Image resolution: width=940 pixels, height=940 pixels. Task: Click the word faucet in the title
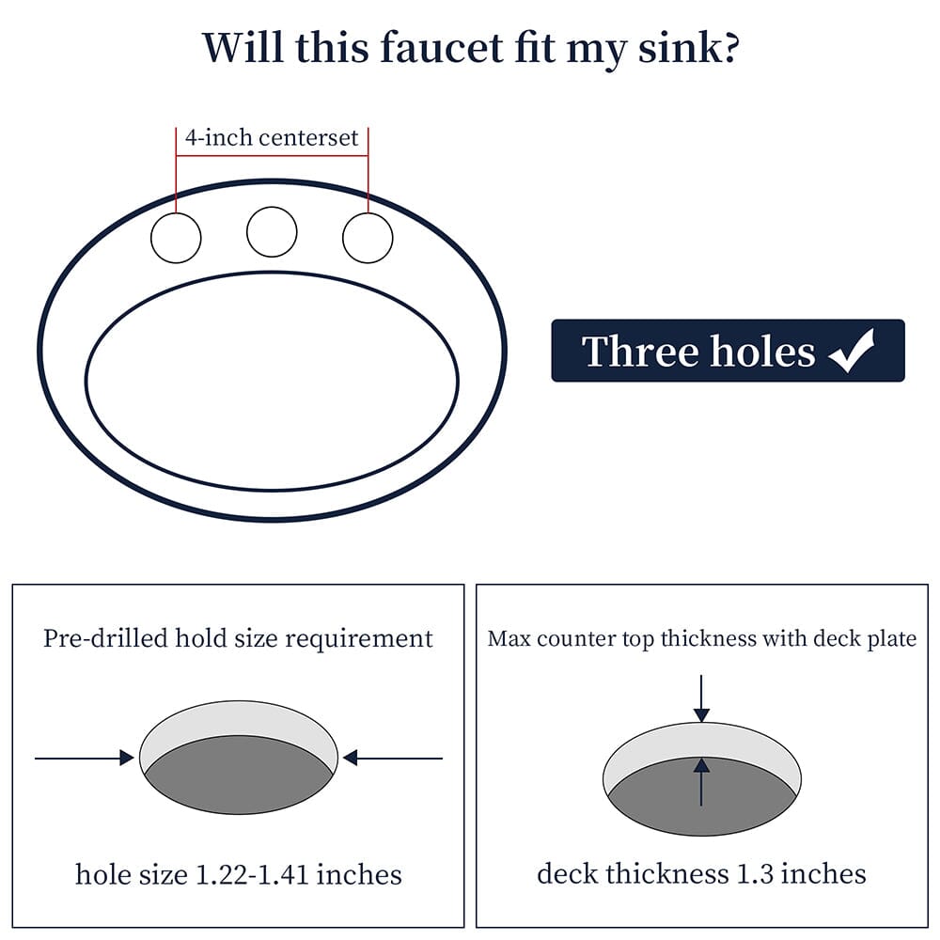pos(442,48)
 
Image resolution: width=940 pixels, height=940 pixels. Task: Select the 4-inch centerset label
pos(272,138)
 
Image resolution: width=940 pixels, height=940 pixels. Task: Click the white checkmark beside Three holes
pos(852,351)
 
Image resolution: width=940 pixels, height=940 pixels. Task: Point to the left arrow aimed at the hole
pos(85,759)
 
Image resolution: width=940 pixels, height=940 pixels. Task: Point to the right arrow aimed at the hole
pos(393,759)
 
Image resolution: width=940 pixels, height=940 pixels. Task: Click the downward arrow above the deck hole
pos(701,699)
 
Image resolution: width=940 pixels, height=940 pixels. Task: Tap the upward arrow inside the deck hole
pos(701,782)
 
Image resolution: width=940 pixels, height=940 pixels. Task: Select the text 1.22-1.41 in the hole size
pos(252,874)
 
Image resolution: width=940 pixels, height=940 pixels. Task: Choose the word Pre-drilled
pos(105,638)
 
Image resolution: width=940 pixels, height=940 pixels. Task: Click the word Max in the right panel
pos(509,639)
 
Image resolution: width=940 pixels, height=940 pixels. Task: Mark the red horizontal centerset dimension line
pos(272,156)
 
